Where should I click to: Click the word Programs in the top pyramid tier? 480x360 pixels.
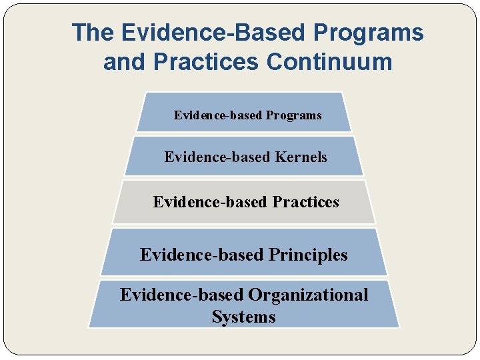pyautogui.click(x=293, y=115)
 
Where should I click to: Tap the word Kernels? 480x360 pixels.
pyautogui.click(x=301, y=157)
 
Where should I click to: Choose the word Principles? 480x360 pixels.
pyautogui.click(x=308, y=255)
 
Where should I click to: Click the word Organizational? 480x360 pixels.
pyautogui.click(x=308, y=295)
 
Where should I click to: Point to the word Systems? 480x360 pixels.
pyautogui.click(x=243, y=317)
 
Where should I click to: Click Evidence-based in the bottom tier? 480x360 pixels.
pyautogui.click(x=181, y=295)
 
